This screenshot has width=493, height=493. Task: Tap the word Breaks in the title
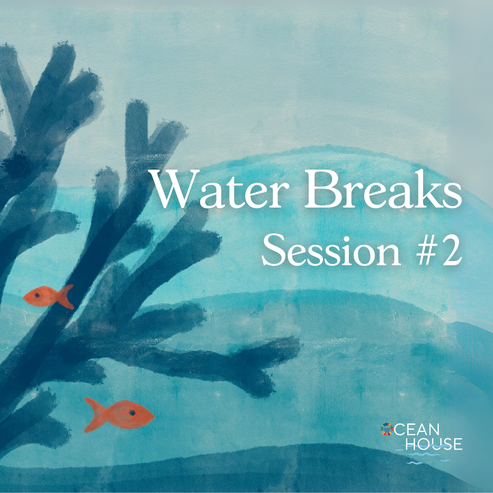pyautogui.click(x=384, y=189)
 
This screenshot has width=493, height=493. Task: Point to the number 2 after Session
pyautogui.click(x=451, y=250)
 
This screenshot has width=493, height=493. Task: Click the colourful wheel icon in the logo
pyautogui.click(x=387, y=429)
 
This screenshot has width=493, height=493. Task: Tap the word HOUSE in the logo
pyautogui.click(x=434, y=444)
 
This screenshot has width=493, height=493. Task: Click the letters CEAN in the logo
pyautogui.click(x=417, y=430)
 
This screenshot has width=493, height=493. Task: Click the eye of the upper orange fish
pyautogui.click(x=37, y=295)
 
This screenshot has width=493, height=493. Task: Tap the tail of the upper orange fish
pyautogui.click(x=66, y=296)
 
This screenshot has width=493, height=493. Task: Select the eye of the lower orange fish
pyautogui.click(x=132, y=413)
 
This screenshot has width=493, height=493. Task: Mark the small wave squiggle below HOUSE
pyautogui.click(x=415, y=463)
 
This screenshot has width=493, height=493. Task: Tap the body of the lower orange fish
pyautogui.click(x=129, y=415)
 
